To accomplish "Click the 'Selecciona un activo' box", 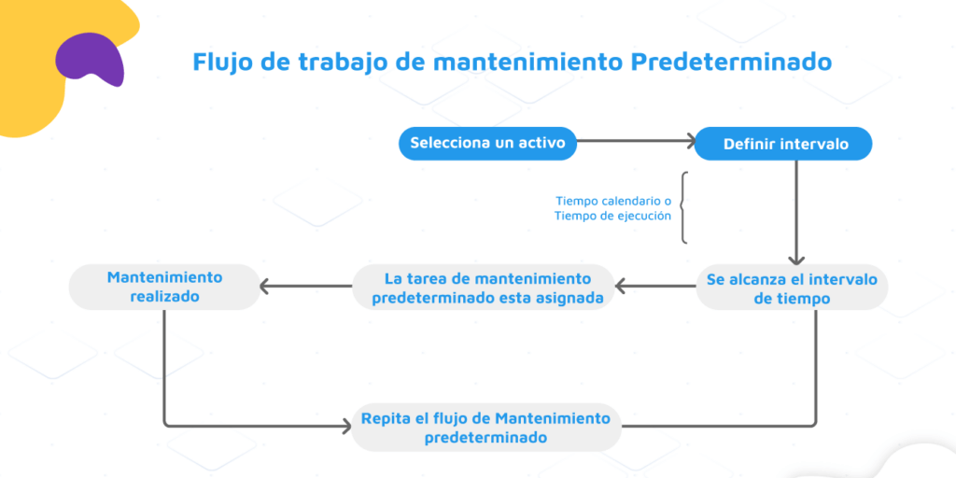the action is [487, 143].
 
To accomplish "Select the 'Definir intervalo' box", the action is [783, 144].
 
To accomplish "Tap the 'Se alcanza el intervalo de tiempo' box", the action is [792, 288].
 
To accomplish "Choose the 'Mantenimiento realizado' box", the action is [164, 287].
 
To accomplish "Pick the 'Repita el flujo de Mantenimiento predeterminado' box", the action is [486, 427].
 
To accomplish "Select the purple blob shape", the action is [91, 58].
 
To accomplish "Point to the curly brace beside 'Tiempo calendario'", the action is [684, 208].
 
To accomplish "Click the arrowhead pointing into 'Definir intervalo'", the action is [692, 141].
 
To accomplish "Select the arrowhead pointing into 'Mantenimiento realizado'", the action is [264, 286].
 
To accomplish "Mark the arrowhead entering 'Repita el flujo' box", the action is [347, 426].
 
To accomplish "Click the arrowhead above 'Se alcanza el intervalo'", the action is [796, 260].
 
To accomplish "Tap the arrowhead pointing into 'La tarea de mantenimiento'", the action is [620, 286].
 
